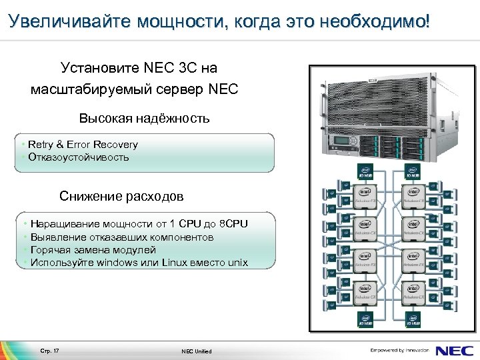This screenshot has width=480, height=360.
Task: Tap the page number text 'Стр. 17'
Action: click(x=50, y=351)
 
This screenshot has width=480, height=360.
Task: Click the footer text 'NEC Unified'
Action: click(x=196, y=351)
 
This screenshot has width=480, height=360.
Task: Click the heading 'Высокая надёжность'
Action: click(x=144, y=119)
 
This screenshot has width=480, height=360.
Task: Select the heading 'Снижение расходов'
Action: click(x=121, y=196)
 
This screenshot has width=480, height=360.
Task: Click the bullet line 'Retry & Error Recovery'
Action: click(x=83, y=145)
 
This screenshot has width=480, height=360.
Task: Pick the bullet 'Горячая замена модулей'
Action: click(x=93, y=249)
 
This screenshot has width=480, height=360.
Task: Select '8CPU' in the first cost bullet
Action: click(x=234, y=224)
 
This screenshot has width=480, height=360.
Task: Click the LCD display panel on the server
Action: click(x=344, y=142)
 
